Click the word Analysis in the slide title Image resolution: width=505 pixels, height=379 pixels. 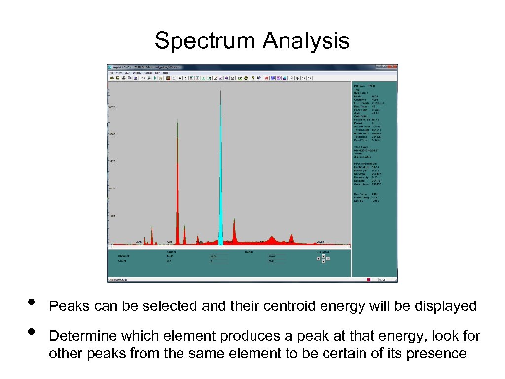pyautogui.click(x=306, y=41)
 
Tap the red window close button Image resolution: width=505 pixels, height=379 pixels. pyautogui.click(x=394, y=67)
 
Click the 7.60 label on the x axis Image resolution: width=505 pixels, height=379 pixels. pyautogui.click(x=169, y=242)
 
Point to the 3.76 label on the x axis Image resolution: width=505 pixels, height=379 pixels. pyautogui.click(x=139, y=242)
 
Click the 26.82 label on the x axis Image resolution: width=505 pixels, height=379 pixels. pyautogui.click(x=320, y=242)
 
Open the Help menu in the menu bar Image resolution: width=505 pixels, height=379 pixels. pyautogui.click(x=166, y=73)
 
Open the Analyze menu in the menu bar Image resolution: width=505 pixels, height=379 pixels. pyautogui.click(x=148, y=73)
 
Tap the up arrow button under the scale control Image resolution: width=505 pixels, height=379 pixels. pyautogui.click(x=323, y=255)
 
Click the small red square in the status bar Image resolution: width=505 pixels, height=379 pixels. pyautogui.click(x=368, y=280)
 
